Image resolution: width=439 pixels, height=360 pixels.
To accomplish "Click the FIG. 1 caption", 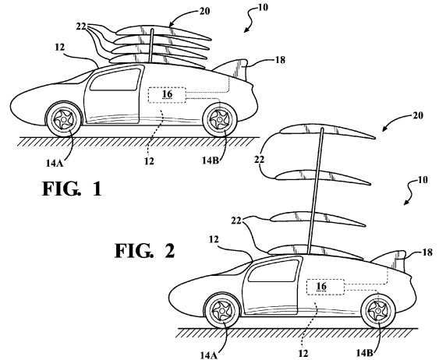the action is click(72, 189).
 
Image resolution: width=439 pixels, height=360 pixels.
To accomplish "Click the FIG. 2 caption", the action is click(145, 251).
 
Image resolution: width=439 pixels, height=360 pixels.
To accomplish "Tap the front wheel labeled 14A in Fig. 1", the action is click(64, 119).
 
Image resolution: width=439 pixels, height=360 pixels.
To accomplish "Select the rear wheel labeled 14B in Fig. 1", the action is click(220, 119).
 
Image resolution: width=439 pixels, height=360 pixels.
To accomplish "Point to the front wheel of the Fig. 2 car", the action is click(222, 311).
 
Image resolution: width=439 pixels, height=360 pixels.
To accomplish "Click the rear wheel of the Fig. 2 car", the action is click(378, 311).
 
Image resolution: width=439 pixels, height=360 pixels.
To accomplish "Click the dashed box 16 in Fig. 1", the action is click(167, 95).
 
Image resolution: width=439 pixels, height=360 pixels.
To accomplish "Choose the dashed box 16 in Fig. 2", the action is click(326, 287).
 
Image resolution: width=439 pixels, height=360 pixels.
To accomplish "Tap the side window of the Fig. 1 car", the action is click(115, 79).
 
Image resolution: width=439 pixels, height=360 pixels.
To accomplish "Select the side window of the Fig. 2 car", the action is click(274, 270).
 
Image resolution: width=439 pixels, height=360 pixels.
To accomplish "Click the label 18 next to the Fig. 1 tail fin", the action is click(280, 59).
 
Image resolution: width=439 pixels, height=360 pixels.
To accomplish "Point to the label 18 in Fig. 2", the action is click(427, 252).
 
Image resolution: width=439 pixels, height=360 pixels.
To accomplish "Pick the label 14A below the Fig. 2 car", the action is click(209, 355).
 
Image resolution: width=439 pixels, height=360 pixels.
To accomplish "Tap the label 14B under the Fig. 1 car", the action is click(211, 161).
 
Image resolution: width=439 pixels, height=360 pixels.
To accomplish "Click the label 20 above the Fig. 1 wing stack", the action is click(204, 11).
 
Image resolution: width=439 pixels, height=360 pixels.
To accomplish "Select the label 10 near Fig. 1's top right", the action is click(262, 7).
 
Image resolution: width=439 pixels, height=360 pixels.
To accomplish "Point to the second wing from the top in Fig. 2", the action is click(324, 178).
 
